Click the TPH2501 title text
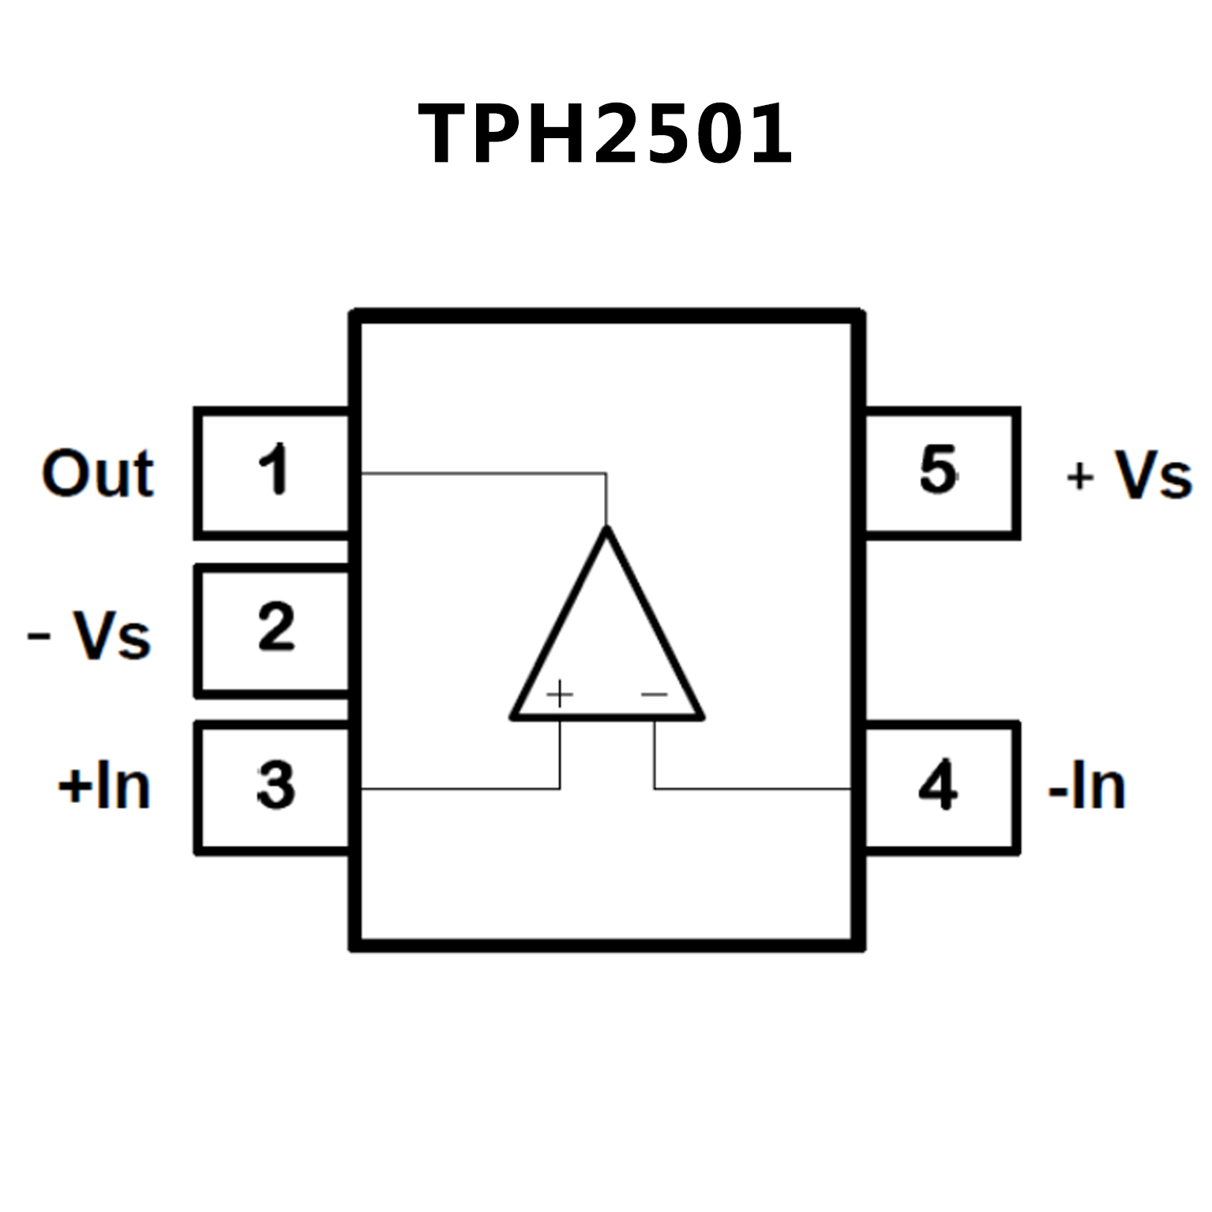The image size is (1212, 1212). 605,133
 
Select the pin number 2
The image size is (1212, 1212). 276,627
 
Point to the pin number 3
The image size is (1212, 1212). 276,785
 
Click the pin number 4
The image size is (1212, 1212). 938,785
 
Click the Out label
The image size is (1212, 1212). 97,474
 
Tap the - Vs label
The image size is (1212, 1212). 89,635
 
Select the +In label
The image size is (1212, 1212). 104,786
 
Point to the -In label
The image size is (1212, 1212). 1086,786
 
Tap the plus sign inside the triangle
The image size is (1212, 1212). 559,695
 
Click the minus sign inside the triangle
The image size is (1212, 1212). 655,695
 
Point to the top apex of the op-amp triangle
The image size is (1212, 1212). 606,529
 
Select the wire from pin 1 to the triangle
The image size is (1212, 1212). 482,474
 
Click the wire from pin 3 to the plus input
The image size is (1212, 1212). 458,788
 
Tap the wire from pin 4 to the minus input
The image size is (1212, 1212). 750,788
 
